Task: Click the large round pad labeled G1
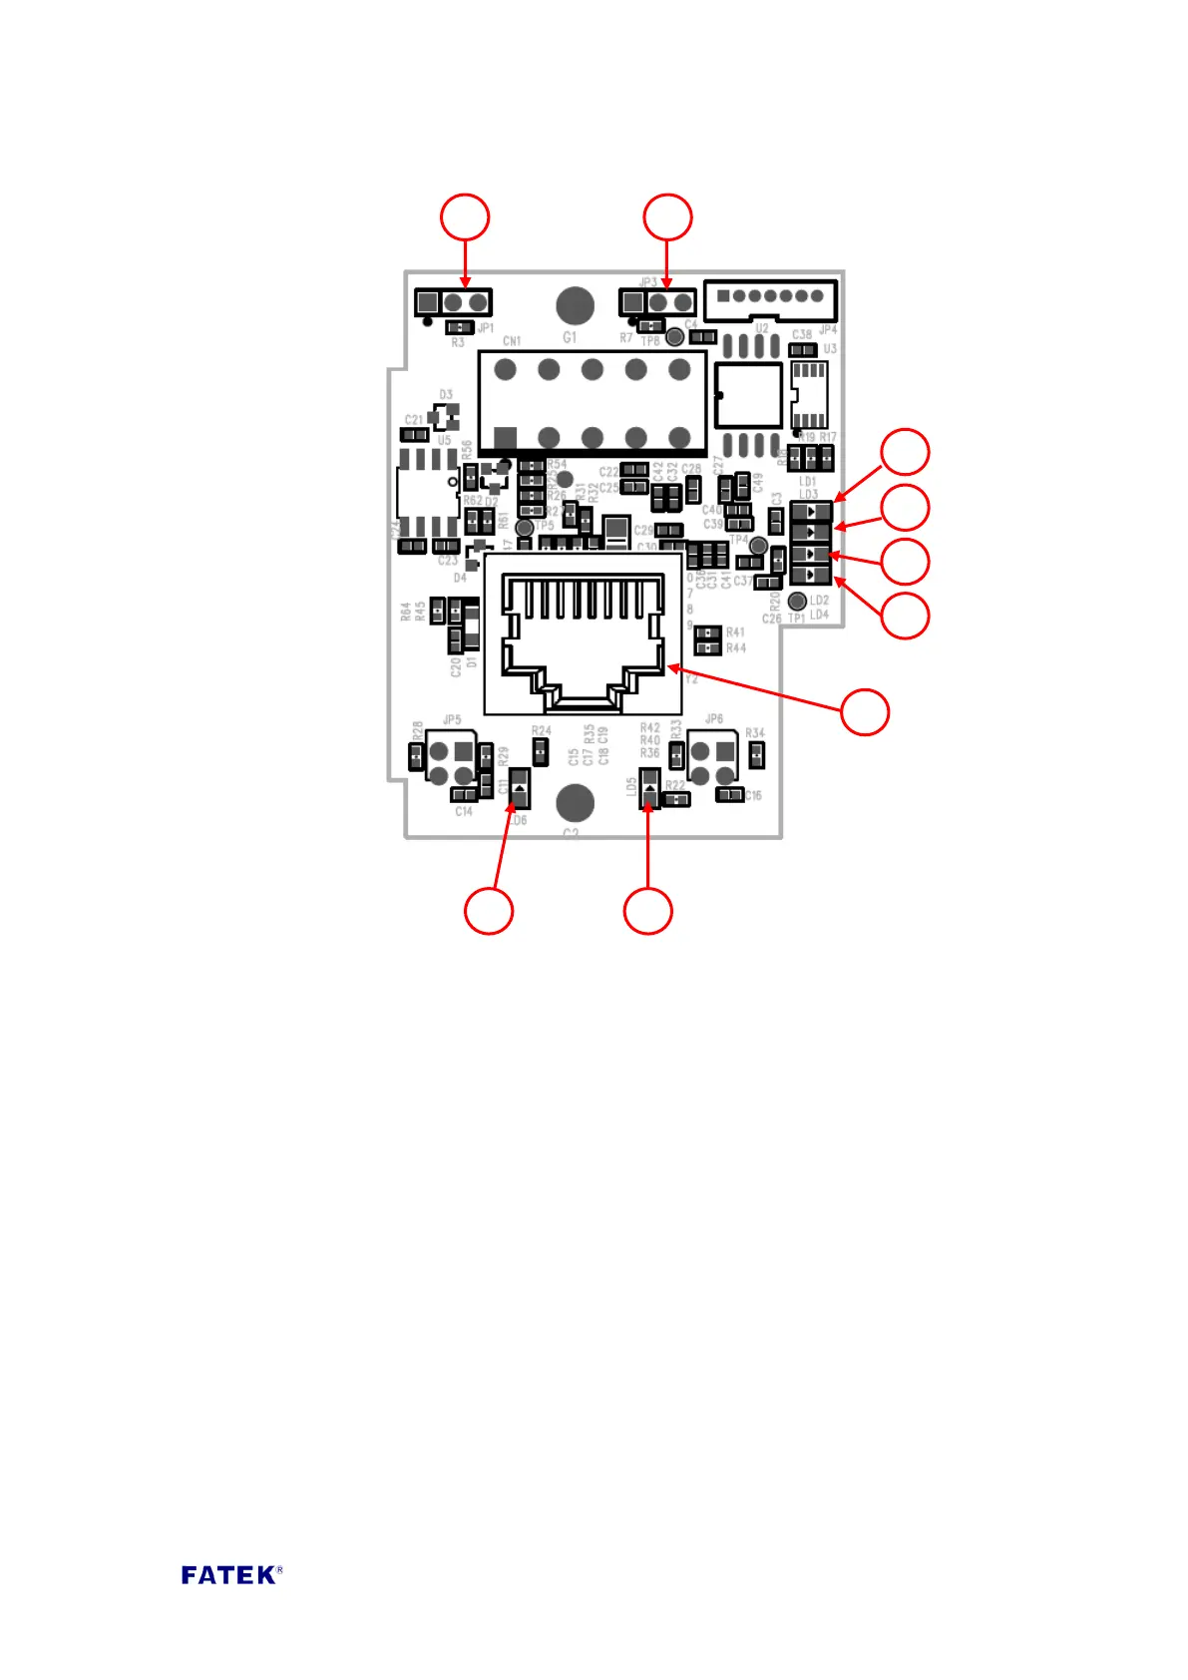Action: tap(575, 306)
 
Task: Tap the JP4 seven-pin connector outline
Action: tap(769, 297)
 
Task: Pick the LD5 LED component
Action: tap(649, 788)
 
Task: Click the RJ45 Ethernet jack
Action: tap(584, 634)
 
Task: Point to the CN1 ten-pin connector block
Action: tap(593, 403)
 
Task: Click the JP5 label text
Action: tap(452, 719)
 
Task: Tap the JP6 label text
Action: tap(714, 718)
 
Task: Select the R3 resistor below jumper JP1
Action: tap(459, 327)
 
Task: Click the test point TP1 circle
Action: tap(797, 601)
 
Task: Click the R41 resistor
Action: tap(707, 632)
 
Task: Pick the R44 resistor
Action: tap(707, 648)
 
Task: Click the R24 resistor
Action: tap(541, 751)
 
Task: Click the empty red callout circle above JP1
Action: tap(465, 217)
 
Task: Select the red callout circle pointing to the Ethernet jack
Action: tap(865, 712)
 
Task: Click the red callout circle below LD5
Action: tap(648, 911)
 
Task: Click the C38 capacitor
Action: tap(803, 350)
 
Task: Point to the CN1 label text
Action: tap(512, 341)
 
